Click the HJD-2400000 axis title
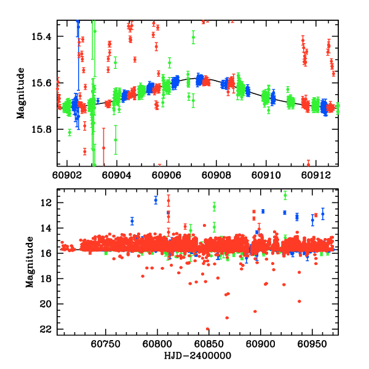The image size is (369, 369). point(198,355)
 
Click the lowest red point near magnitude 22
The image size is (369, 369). point(207,329)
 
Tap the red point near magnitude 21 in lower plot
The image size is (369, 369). point(227,317)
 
